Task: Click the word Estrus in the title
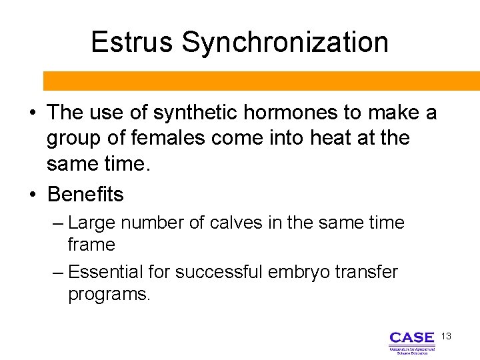[133, 42]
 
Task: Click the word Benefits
[85, 195]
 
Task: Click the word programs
[109, 295]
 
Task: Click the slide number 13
[446, 336]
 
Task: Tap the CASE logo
[411, 342]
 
